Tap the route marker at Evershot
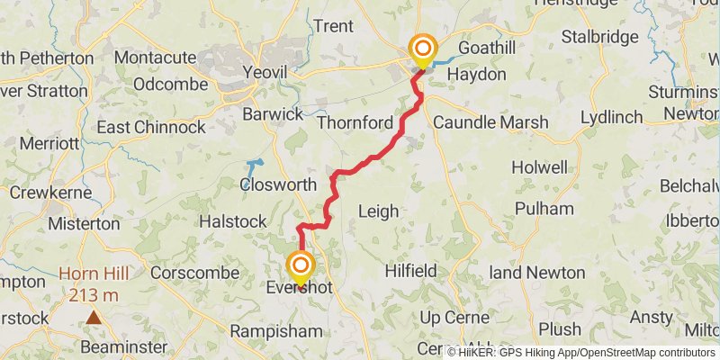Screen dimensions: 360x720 point(300,266)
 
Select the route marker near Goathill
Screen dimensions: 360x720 point(421,48)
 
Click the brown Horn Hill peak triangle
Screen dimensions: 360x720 point(94,317)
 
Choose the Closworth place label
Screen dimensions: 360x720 point(278,184)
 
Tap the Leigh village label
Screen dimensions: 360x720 point(378,211)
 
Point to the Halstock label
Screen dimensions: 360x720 point(232,221)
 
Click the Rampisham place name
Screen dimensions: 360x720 point(275,332)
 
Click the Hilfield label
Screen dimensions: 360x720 point(410,270)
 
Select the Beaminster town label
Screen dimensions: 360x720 point(123,346)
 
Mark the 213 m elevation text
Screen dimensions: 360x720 point(94,294)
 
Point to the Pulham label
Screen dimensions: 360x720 point(544,209)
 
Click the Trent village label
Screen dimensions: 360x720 point(333,26)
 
